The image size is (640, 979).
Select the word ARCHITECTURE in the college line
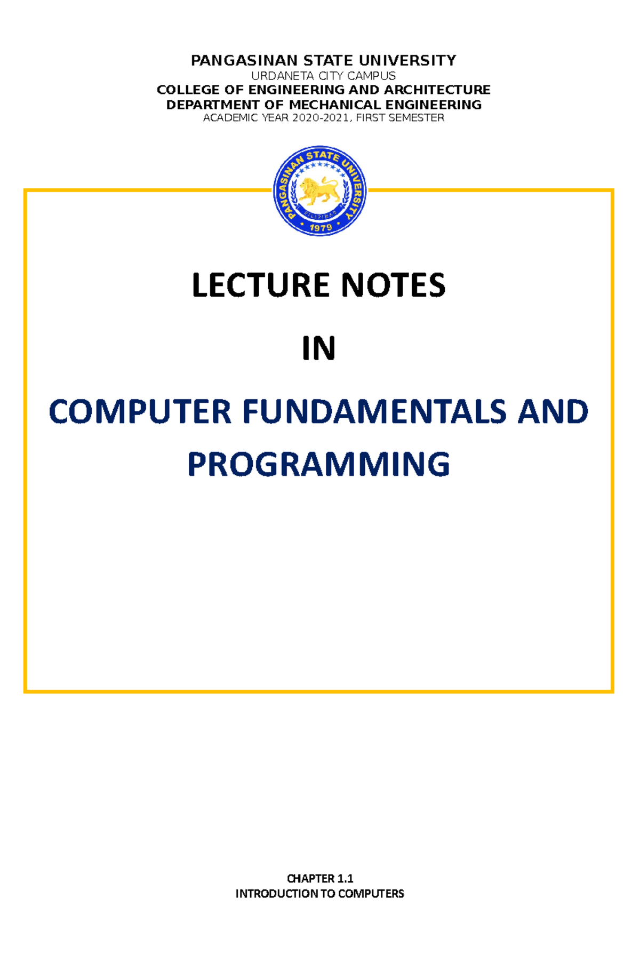[437, 90]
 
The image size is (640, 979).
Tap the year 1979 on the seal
[321, 227]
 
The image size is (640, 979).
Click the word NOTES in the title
[393, 285]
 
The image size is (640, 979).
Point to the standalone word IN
[318, 349]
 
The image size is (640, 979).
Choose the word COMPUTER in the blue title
[140, 412]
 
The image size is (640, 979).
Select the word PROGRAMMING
[318, 464]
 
